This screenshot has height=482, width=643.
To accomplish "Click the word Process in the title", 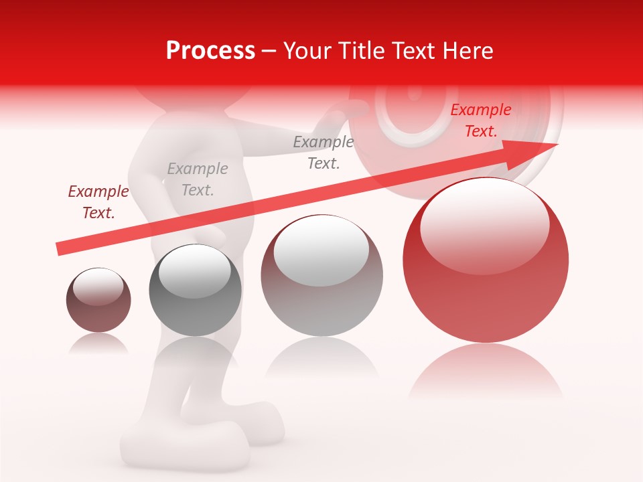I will coord(210,51).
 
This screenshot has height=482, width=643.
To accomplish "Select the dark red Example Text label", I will coord(98,202).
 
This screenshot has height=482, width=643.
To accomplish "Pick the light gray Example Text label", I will coord(198,179).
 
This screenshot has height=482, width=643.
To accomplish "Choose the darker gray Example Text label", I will coord(324,152).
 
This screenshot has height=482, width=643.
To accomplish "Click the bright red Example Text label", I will coord(481,120).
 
